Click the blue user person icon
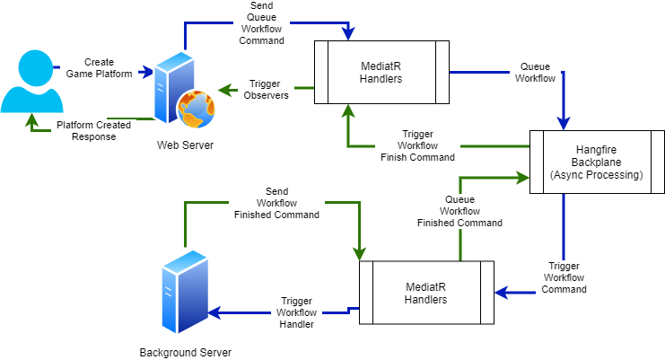[x=31, y=83]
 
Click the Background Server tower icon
[x=185, y=296]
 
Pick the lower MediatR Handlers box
[x=426, y=293]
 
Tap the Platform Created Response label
[x=93, y=131]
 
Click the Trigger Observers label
[x=264, y=89]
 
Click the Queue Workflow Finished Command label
[x=459, y=211]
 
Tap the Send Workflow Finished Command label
[x=277, y=204]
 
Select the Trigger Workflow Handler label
[x=295, y=312]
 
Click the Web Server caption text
[x=185, y=145]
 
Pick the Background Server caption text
[x=185, y=353]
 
